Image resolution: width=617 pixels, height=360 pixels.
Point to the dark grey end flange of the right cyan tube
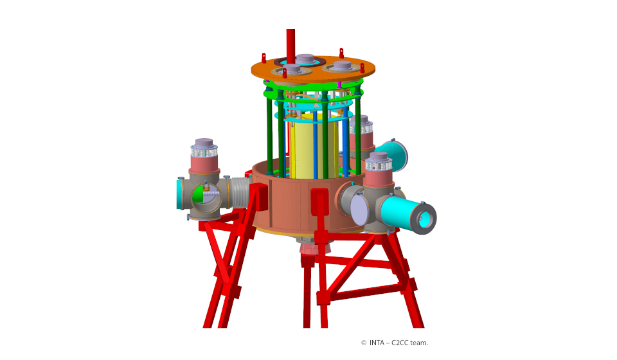pos(424,219)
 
